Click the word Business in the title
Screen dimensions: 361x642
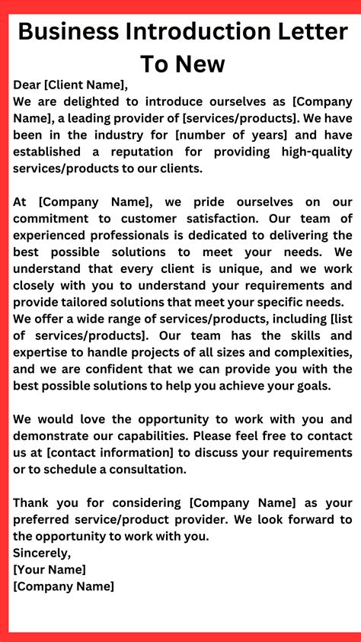pyautogui.click(x=69, y=32)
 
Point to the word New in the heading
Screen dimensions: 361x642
pyautogui.click(x=200, y=64)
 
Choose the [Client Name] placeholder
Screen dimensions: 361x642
pyautogui.click(x=88, y=85)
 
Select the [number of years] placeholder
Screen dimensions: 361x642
pyautogui.click(x=240, y=135)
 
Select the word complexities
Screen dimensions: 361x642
pyautogui.click(x=306, y=352)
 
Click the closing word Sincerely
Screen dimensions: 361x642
pyautogui.click(x=42, y=553)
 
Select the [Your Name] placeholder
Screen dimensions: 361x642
pyautogui.click(x=50, y=570)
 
